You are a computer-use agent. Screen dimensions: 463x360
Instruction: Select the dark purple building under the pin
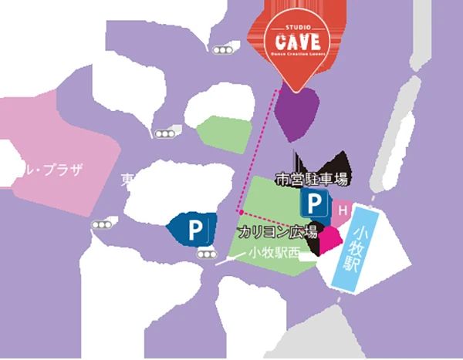tap(299, 113)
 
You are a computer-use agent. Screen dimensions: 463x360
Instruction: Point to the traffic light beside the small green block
tap(164, 134)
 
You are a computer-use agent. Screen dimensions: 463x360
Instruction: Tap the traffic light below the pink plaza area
tap(102, 224)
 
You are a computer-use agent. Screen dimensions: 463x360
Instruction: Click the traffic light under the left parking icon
tap(206, 254)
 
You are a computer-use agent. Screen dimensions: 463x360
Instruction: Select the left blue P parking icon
tap(195, 229)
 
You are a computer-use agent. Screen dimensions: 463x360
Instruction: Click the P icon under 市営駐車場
tap(313, 206)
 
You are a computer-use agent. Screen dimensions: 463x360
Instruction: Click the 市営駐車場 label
tap(313, 180)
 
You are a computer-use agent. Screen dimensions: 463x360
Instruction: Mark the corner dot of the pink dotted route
tap(241, 210)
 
